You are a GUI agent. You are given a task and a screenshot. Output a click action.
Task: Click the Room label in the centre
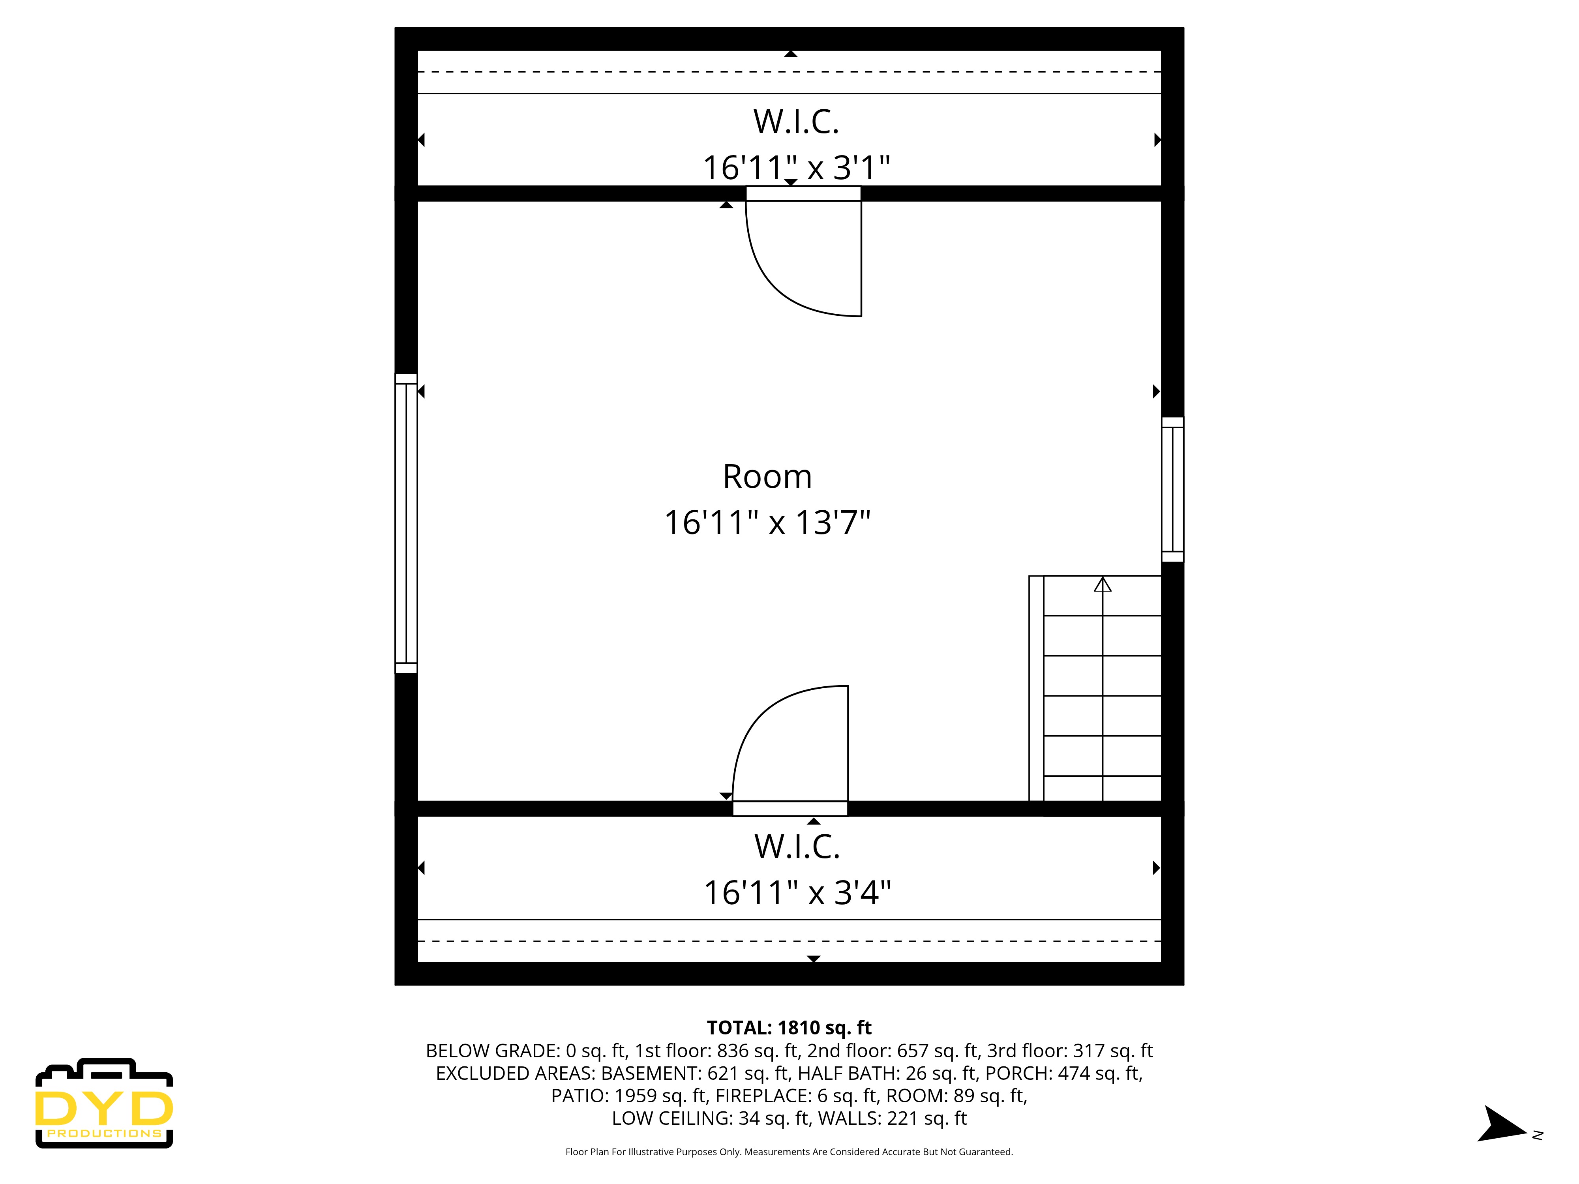pyautogui.click(x=767, y=477)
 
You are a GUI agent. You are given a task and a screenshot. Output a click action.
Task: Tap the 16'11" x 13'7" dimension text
pyautogui.click(x=767, y=523)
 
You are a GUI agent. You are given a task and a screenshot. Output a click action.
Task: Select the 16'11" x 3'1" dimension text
pyautogui.click(x=796, y=169)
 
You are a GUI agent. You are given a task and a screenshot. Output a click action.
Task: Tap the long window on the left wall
pyautogui.click(x=406, y=523)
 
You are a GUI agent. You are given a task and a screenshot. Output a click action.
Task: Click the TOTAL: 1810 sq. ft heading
pyautogui.click(x=789, y=1028)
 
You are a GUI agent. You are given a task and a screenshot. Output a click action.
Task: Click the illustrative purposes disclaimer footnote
pyautogui.click(x=789, y=1152)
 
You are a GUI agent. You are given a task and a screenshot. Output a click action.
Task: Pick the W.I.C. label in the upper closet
pyautogui.click(x=796, y=122)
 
